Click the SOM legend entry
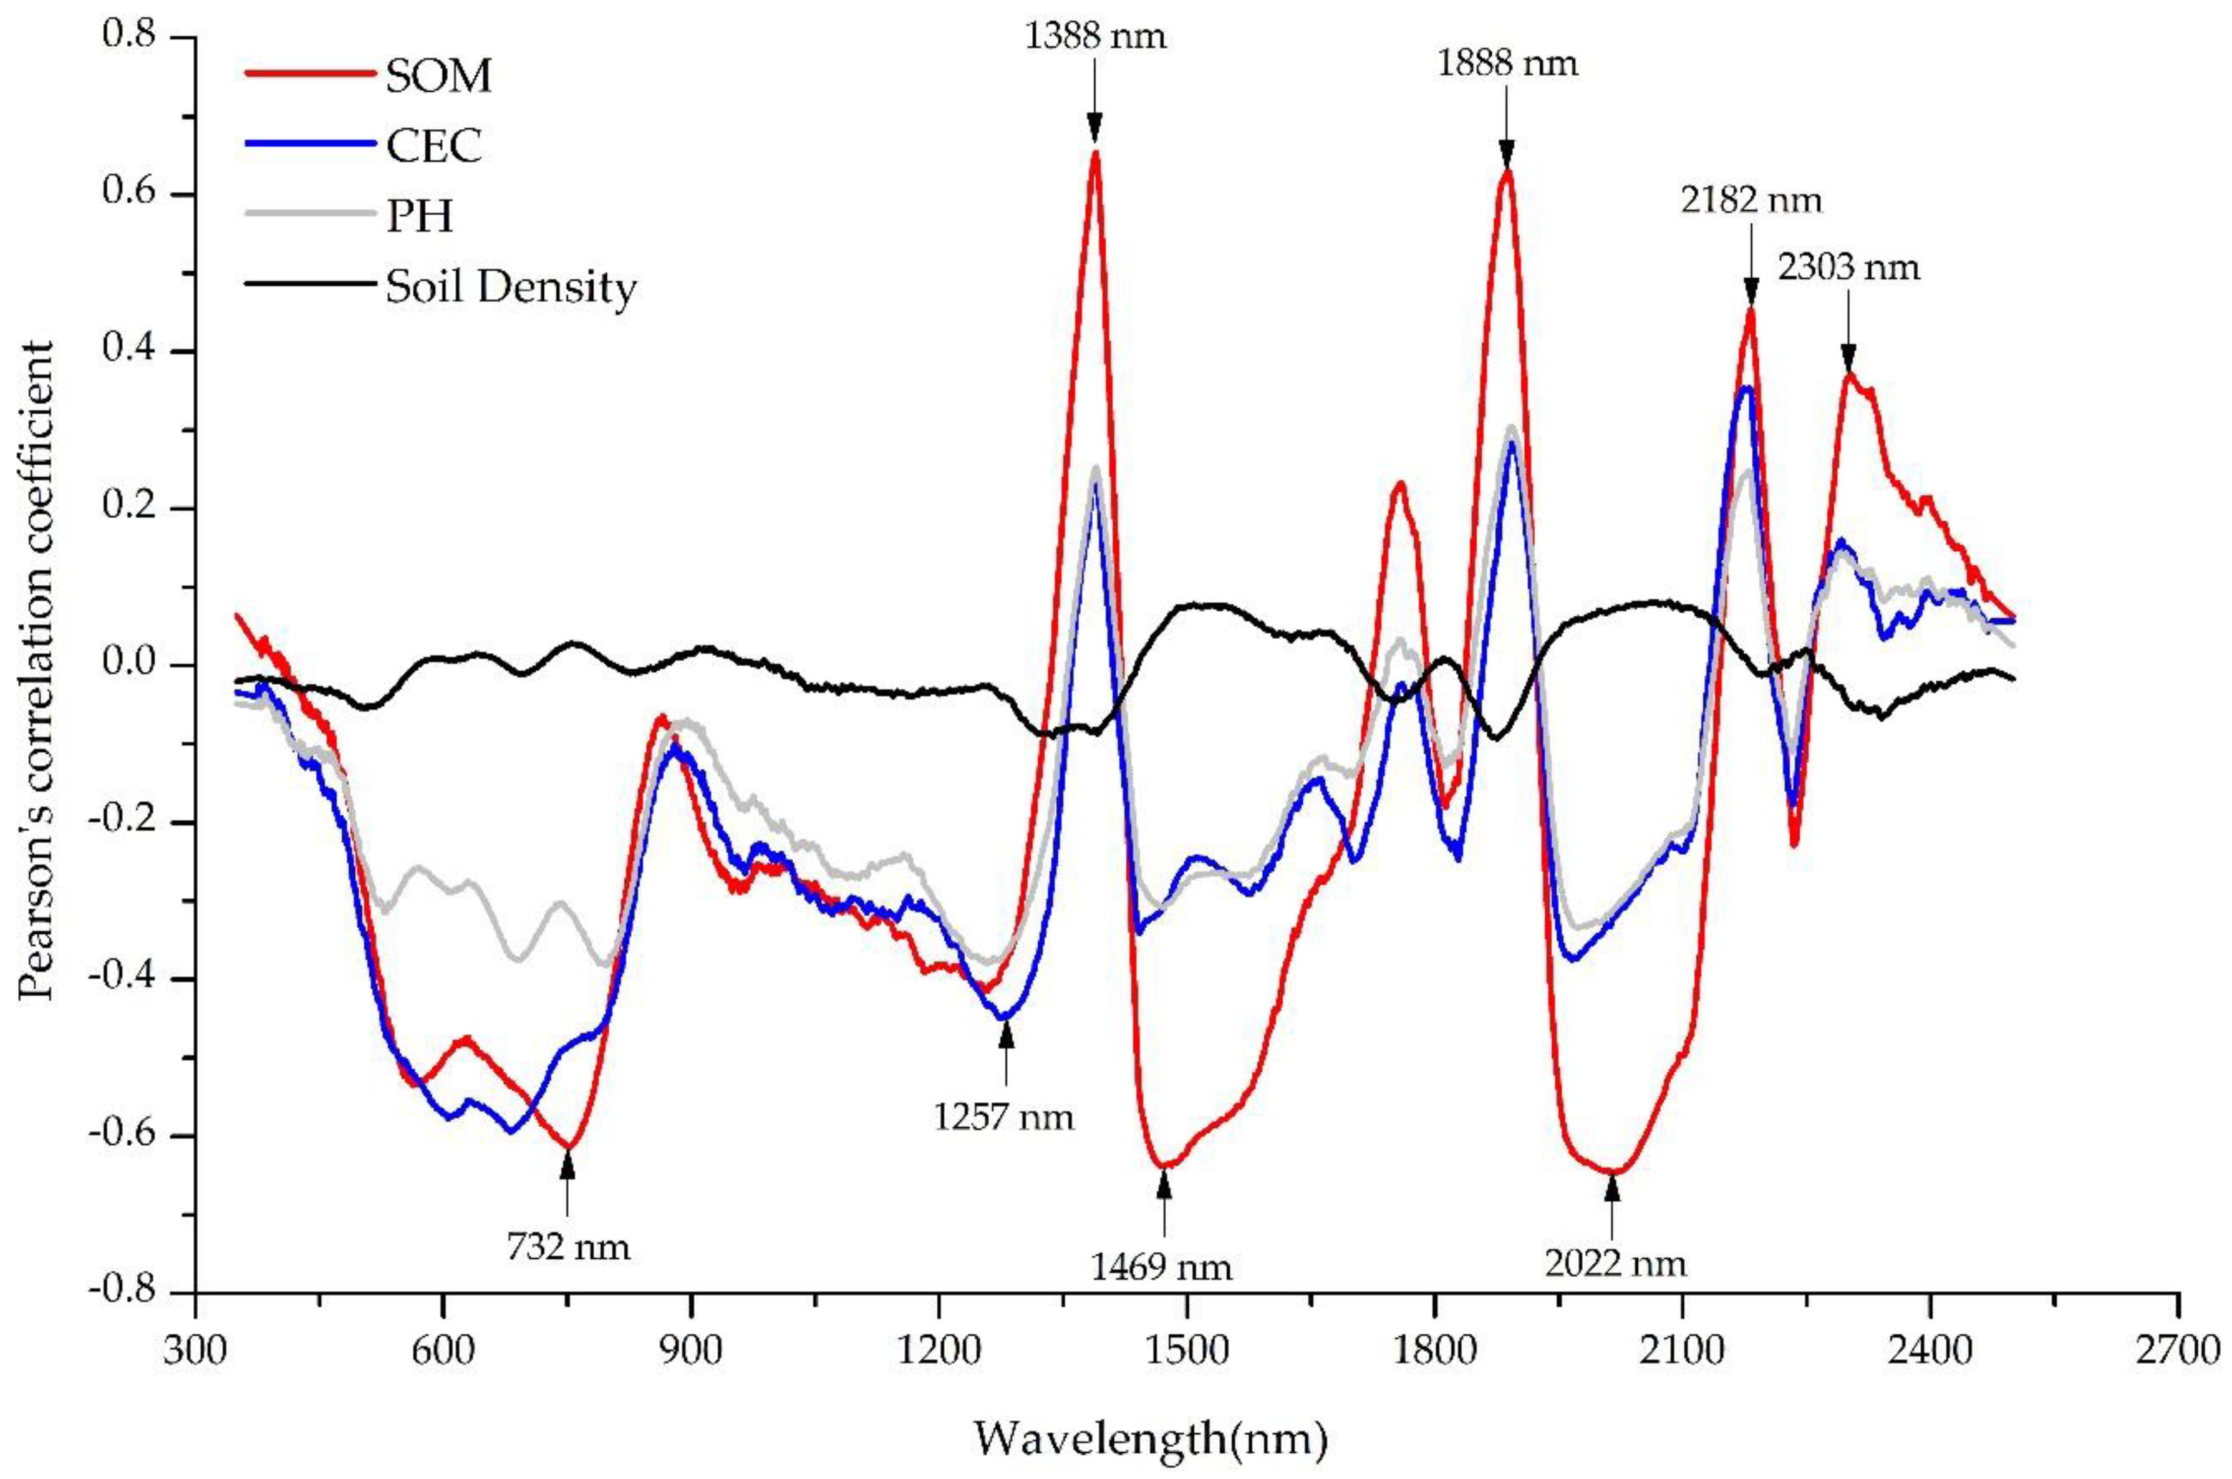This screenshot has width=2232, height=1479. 438,76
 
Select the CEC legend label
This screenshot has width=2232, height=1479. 434,146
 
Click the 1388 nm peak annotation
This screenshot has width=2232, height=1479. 1094,37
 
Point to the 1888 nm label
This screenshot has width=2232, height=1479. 1507,64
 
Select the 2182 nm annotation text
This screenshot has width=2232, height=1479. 1751,201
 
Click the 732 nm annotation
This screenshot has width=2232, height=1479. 568,1248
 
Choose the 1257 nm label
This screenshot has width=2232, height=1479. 1004,1118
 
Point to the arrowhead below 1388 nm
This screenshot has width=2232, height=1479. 1094,127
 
